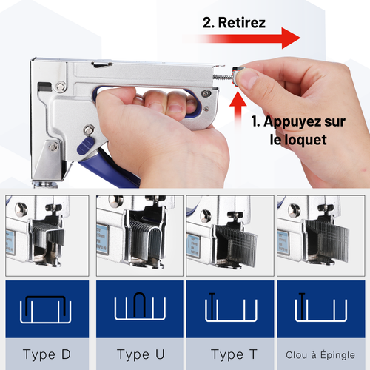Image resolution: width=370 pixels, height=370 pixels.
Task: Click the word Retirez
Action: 242,23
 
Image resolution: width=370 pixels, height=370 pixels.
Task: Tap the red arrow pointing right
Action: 243,38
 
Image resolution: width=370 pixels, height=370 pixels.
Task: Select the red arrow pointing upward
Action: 238,111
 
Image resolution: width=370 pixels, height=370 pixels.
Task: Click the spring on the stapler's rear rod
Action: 223,77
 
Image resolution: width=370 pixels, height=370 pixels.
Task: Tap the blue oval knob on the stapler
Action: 85,146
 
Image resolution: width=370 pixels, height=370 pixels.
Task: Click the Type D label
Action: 47,354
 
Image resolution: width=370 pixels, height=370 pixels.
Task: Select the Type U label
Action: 141,354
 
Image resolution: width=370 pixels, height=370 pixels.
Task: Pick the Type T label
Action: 235,354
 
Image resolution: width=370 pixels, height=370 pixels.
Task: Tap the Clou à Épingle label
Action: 320,355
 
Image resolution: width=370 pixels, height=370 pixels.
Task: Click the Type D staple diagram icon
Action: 46,309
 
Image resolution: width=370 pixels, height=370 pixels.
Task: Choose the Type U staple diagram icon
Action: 140,306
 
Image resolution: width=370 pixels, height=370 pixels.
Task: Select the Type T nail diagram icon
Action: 231,307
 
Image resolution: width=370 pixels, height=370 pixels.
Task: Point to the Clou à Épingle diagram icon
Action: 321,307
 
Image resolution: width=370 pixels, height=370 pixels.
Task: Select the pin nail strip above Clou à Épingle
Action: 327,239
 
